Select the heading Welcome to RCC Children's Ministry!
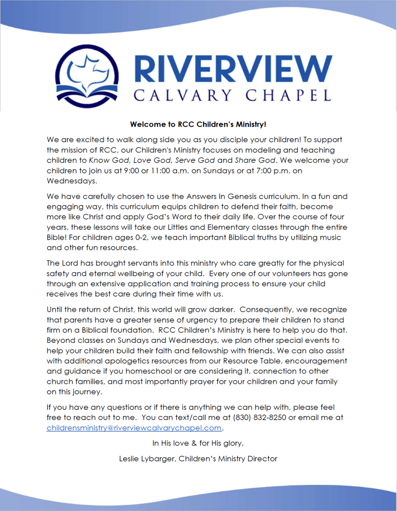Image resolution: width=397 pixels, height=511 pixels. coord(198,124)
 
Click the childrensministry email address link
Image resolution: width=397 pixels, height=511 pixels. coord(134,428)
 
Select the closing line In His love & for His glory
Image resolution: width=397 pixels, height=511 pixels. coord(198,443)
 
